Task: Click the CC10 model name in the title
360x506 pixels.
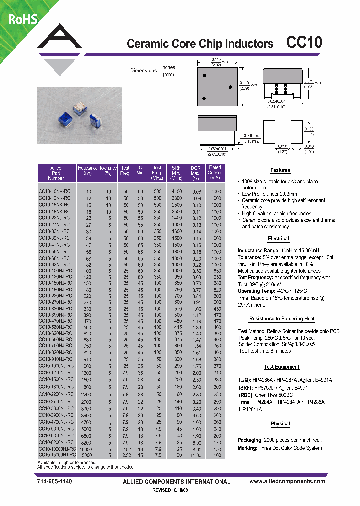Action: [304, 43]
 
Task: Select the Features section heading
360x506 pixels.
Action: [280, 170]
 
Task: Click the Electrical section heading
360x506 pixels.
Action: [278, 239]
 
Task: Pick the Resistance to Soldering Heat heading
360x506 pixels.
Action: [282, 318]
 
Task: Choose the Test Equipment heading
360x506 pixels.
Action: [282, 367]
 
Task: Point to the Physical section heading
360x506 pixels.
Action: [280, 424]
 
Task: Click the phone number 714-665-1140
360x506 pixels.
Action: [55, 482]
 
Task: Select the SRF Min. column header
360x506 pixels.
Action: [176, 173]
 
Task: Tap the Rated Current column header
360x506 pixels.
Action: [215, 173]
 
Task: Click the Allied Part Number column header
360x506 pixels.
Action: [56, 173]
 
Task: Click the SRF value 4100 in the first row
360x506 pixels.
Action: [176, 191]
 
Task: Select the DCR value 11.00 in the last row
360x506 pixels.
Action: [196, 455]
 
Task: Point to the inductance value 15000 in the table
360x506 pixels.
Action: [86, 455]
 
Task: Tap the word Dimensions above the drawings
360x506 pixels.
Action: [144, 71]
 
